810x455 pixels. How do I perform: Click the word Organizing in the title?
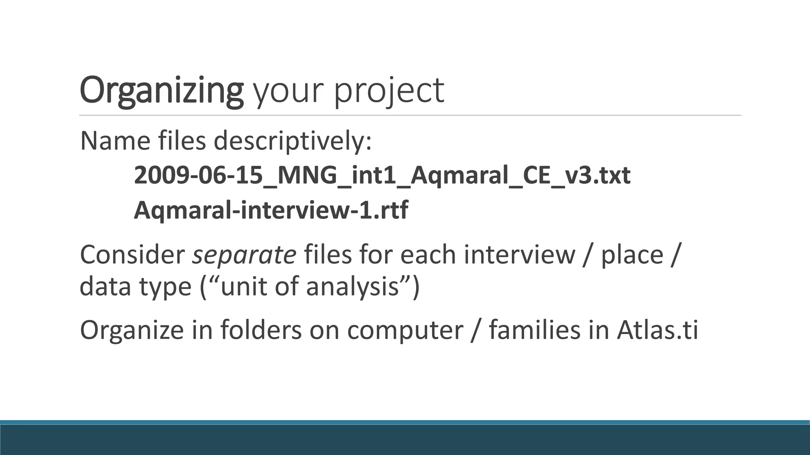tap(161, 91)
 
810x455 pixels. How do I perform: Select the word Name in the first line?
tap(115, 141)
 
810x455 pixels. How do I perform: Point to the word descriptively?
tap(293, 141)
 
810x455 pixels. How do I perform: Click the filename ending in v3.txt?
tap(382, 175)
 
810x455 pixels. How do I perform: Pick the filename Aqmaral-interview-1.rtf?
tap(271, 210)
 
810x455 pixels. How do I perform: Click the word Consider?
tap(132, 255)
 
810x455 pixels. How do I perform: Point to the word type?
tap(165, 287)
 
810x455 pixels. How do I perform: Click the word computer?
tap(405, 330)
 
